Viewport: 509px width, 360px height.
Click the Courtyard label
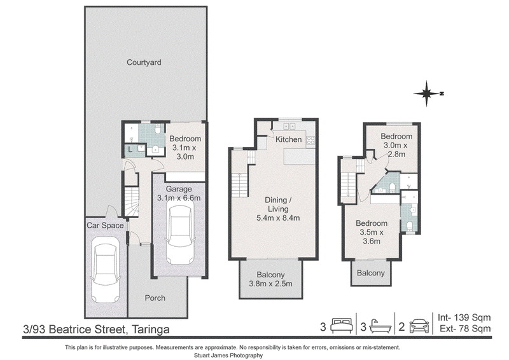pos(144,62)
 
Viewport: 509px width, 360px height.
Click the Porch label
pos(155,298)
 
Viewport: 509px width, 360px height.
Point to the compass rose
pos(427,93)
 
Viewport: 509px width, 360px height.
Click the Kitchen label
pos(289,139)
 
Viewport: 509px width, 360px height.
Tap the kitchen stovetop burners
pos(310,140)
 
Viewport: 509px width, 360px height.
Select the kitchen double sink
pos(288,126)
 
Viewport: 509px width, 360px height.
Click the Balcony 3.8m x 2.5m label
pos(270,279)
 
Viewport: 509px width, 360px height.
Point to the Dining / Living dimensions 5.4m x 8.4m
pos(278,218)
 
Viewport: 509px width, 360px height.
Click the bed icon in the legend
pos(342,326)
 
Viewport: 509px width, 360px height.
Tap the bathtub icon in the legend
pos(381,326)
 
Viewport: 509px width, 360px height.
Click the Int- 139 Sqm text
pos(464,317)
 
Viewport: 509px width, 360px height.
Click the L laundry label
pos(130,149)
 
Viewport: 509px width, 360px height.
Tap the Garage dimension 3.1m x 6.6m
pos(179,198)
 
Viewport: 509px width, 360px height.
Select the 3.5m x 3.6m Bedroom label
pos(372,232)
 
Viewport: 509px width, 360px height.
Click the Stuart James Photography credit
pos(228,356)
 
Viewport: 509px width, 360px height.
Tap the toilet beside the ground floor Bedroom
pos(158,129)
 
